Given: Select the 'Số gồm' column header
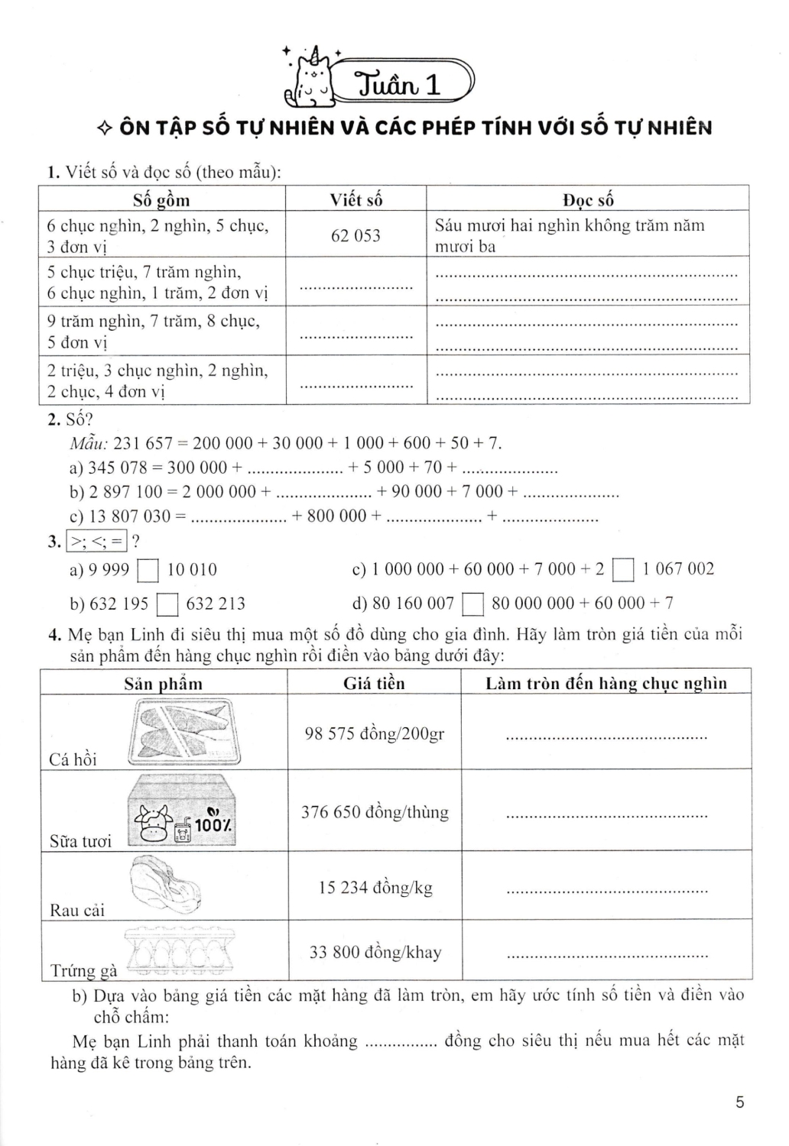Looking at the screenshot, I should [x=161, y=200].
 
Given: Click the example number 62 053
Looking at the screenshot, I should [x=356, y=235].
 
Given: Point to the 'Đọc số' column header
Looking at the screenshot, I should [x=588, y=200].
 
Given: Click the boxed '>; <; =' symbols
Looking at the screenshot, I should [x=97, y=542].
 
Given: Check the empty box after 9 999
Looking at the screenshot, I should [x=148, y=571].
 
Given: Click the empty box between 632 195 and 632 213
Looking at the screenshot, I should [x=167, y=605].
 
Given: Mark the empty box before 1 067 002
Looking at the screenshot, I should [x=624, y=571].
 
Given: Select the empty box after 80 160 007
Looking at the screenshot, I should [x=474, y=605].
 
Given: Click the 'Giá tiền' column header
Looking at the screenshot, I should [x=374, y=683].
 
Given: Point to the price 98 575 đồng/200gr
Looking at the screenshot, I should [x=374, y=733].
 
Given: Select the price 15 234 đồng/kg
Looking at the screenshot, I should [x=375, y=887].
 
